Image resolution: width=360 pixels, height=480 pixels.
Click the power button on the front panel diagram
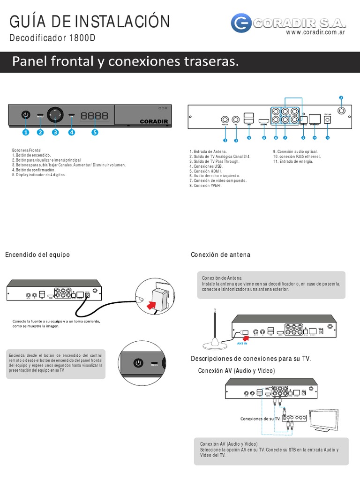click(26, 115)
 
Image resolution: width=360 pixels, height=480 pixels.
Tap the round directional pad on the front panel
click(55, 114)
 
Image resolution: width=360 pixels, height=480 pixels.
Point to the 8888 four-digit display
click(94, 115)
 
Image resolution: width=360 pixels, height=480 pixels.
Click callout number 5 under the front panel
click(95, 132)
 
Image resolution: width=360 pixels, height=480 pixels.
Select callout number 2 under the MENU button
click(40, 132)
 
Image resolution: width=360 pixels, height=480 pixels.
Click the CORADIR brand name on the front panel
click(154, 121)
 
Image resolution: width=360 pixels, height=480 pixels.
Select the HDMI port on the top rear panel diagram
click(263, 120)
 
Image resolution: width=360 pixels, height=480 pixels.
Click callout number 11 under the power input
click(328, 138)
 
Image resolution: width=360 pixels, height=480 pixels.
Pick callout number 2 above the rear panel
click(341, 97)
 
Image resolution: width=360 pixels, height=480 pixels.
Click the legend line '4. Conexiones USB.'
click(206, 166)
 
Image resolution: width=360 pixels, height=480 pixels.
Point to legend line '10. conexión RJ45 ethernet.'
click(297, 157)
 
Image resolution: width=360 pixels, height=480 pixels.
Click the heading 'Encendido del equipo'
click(37, 255)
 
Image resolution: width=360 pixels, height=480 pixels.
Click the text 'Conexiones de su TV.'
click(260, 418)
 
